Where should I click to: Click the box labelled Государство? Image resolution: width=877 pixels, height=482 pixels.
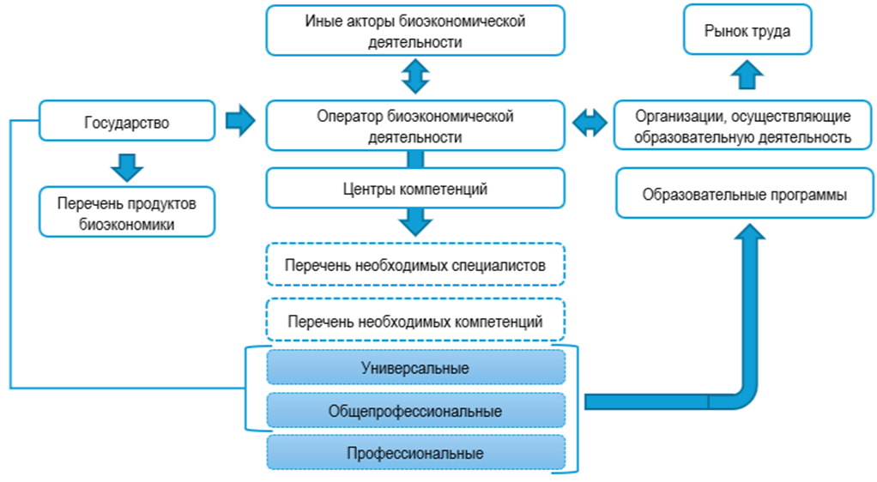(x=126, y=122)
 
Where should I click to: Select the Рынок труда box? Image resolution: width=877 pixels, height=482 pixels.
(x=747, y=30)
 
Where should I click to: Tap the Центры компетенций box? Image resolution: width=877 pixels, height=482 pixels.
(x=415, y=188)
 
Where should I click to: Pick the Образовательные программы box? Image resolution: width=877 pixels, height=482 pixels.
(x=744, y=195)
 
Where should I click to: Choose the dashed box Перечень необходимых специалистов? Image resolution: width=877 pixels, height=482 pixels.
(x=415, y=265)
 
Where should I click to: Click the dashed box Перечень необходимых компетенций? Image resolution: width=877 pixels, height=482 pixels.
(x=415, y=322)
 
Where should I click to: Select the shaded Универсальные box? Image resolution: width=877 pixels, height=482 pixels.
(x=415, y=368)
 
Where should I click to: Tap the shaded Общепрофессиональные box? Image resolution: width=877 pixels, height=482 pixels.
(x=415, y=411)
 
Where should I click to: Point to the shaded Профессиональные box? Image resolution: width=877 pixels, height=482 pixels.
(x=415, y=453)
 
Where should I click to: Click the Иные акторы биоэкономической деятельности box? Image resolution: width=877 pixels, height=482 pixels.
(x=415, y=31)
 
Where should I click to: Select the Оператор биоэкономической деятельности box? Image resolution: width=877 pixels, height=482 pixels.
(x=415, y=125)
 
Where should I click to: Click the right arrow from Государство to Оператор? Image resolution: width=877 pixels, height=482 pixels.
(x=240, y=121)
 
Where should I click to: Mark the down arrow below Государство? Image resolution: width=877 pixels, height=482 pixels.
(x=127, y=166)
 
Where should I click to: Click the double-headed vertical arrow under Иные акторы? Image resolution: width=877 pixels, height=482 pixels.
(x=415, y=76)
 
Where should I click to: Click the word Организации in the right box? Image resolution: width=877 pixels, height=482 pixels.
(x=670, y=115)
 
